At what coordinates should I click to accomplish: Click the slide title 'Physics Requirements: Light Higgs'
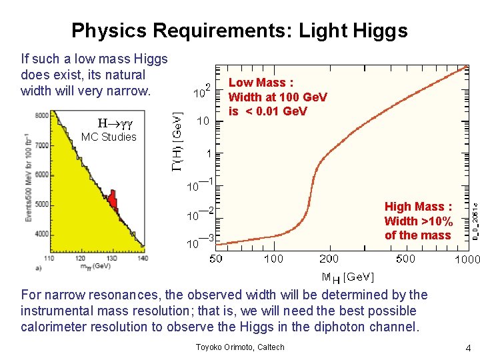click(x=239, y=30)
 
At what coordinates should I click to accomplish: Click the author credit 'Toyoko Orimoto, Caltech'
click(x=239, y=347)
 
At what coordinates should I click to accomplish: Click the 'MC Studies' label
click(x=108, y=137)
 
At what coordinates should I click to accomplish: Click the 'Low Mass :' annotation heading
click(x=261, y=83)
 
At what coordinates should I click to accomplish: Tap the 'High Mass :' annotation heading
click(x=418, y=207)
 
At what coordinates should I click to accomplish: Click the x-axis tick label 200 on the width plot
click(x=328, y=259)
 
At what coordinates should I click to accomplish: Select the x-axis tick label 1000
click(x=466, y=259)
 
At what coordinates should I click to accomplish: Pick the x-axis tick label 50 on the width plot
click(x=216, y=259)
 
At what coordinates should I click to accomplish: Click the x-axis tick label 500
click(x=405, y=259)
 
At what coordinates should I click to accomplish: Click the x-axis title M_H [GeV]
click(x=347, y=277)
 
